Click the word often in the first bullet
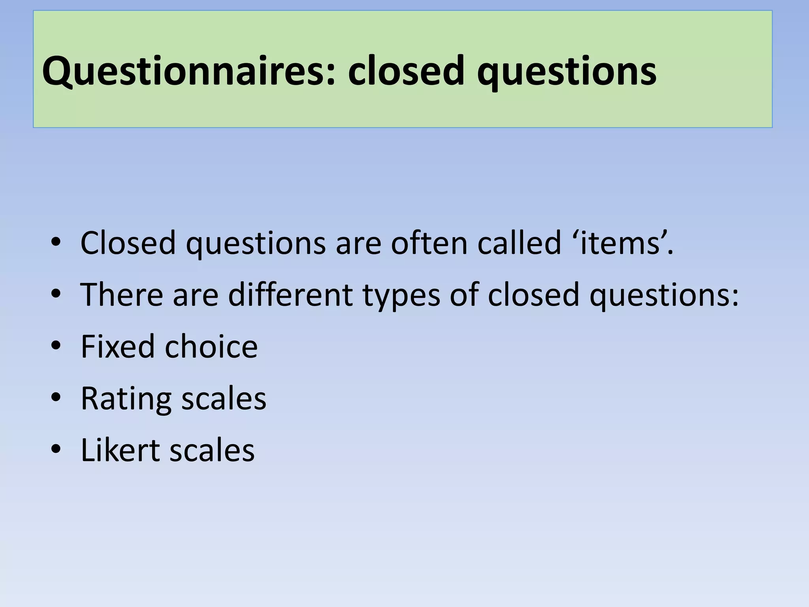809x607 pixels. tap(429, 243)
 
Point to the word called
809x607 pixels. tap(519, 243)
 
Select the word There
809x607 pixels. tap(122, 294)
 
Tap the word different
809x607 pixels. tap(290, 294)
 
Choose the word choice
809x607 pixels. tap(211, 346)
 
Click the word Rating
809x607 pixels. tap(126, 398)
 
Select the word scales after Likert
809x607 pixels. tap(212, 450)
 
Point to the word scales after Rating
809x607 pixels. tap(224, 398)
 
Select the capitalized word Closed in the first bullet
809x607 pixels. tap(128, 243)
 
